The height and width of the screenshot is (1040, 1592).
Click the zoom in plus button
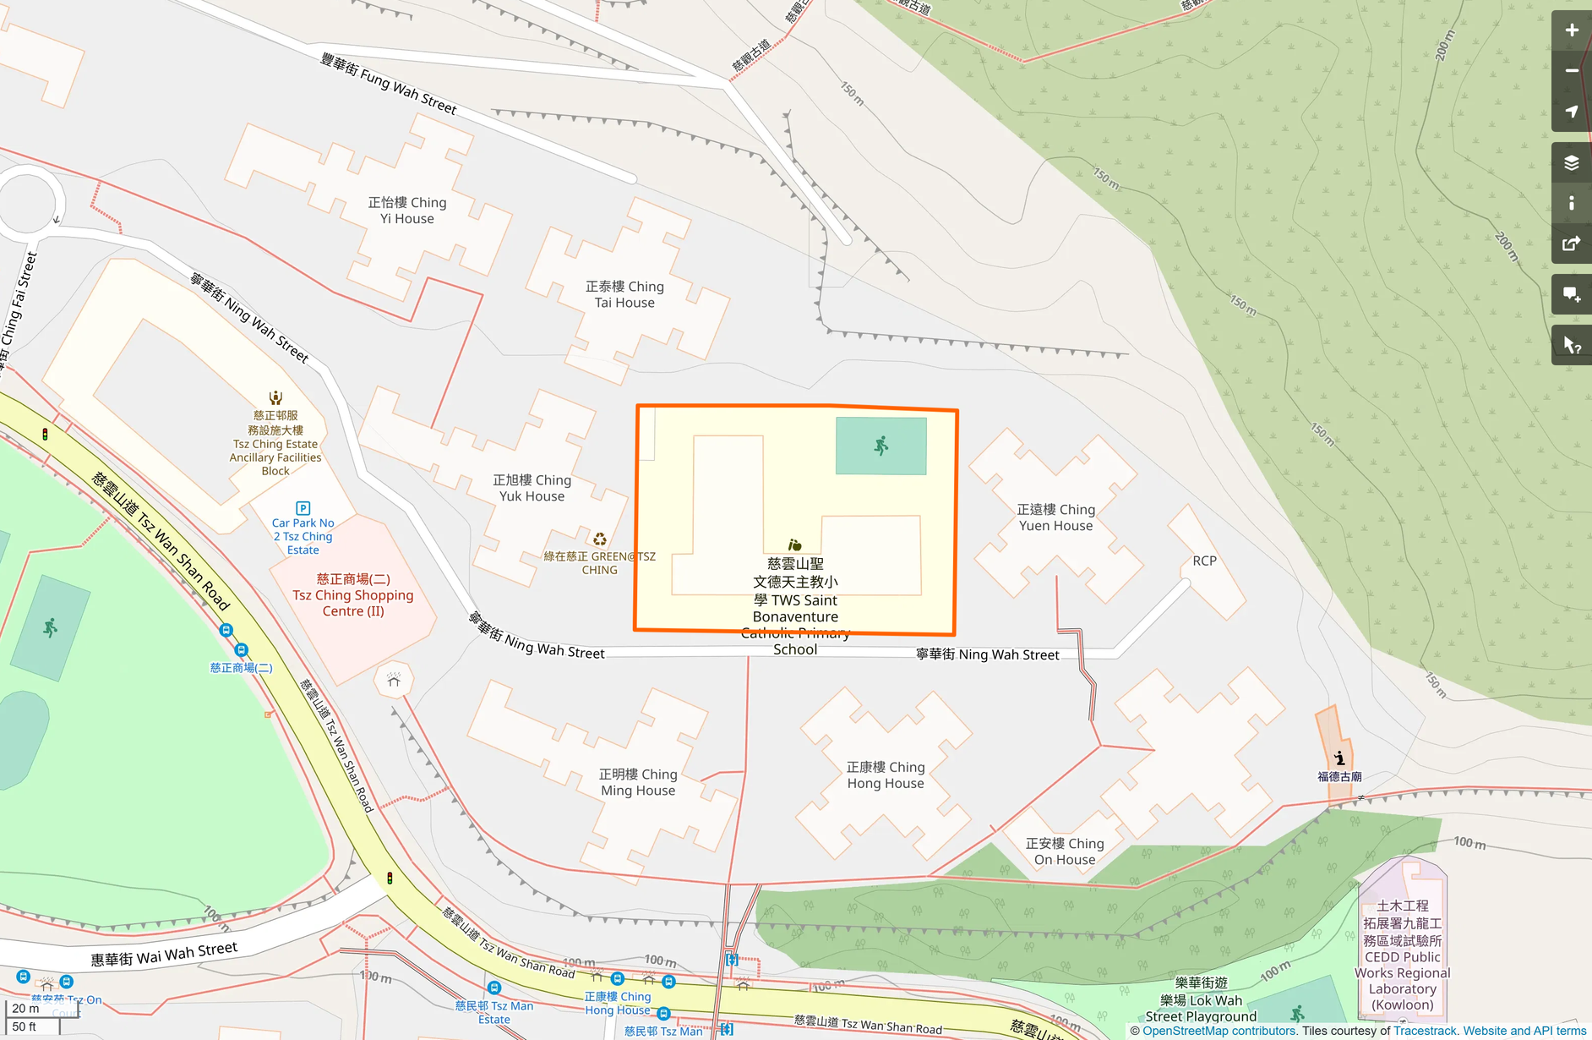(x=1571, y=30)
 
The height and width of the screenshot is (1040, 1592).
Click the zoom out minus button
(x=1571, y=71)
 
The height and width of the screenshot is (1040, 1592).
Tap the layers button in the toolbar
(x=1571, y=162)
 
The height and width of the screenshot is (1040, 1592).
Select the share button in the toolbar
(x=1571, y=244)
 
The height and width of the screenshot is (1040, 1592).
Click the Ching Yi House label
(x=407, y=211)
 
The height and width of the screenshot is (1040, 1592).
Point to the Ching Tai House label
(x=624, y=294)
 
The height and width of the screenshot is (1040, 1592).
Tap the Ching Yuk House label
(x=532, y=488)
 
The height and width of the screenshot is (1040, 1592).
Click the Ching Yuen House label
(x=1055, y=517)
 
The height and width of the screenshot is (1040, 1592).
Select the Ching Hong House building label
(x=886, y=775)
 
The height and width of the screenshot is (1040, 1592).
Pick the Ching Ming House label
(x=638, y=782)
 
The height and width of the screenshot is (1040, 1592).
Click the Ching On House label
(x=1065, y=851)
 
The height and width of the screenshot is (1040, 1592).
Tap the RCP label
(x=1204, y=561)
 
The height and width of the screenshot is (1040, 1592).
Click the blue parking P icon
(x=303, y=508)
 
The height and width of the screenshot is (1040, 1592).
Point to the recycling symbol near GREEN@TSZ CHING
(x=599, y=539)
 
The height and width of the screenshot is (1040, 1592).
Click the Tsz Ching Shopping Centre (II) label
(x=353, y=595)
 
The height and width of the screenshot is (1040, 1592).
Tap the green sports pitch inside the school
(x=881, y=446)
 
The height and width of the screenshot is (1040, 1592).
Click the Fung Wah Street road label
(x=389, y=84)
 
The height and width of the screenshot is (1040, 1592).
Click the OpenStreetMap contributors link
(x=1219, y=1031)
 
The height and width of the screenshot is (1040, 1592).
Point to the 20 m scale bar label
(x=25, y=1009)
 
